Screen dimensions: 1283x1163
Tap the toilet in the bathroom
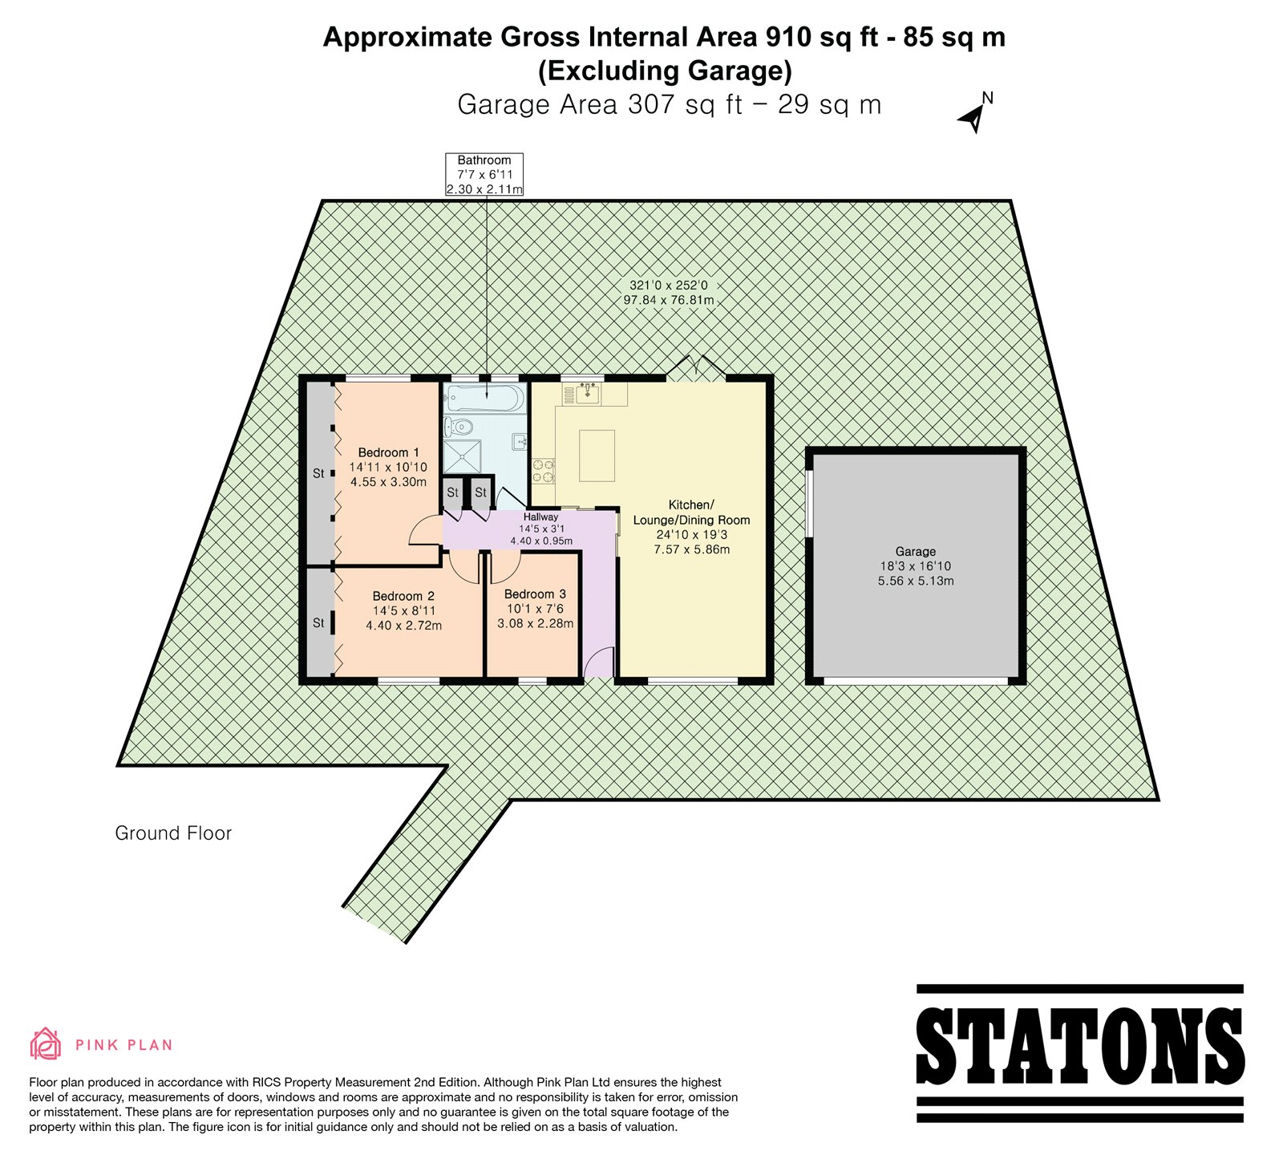(x=459, y=425)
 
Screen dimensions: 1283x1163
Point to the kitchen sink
(x=589, y=393)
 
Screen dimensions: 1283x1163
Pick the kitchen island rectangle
(x=597, y=455)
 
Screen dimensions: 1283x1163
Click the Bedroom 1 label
(x=388, y=452)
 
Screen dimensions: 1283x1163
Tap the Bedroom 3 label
(x=535, y=594)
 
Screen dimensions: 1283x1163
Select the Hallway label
(x=541, y=517)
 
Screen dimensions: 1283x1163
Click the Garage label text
(x=916, y=552)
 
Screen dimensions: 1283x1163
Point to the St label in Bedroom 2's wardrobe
(x=318, y=623)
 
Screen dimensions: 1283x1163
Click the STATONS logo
(x=1079, y=1052)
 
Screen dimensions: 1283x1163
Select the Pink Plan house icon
(x=46, y=1043)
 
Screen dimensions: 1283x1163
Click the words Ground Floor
(x=173, y=833)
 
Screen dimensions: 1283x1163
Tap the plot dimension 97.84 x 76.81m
(x=668, y=300)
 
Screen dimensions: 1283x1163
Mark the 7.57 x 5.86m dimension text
(x=691, y=549)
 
